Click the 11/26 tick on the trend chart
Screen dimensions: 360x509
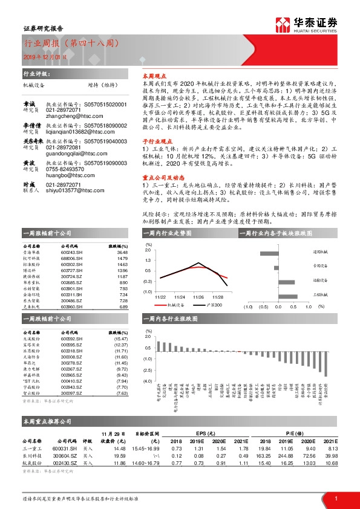click(198, 297)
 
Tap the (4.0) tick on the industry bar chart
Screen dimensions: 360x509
click(148, 381)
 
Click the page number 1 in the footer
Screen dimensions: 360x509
click(336, 498)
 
